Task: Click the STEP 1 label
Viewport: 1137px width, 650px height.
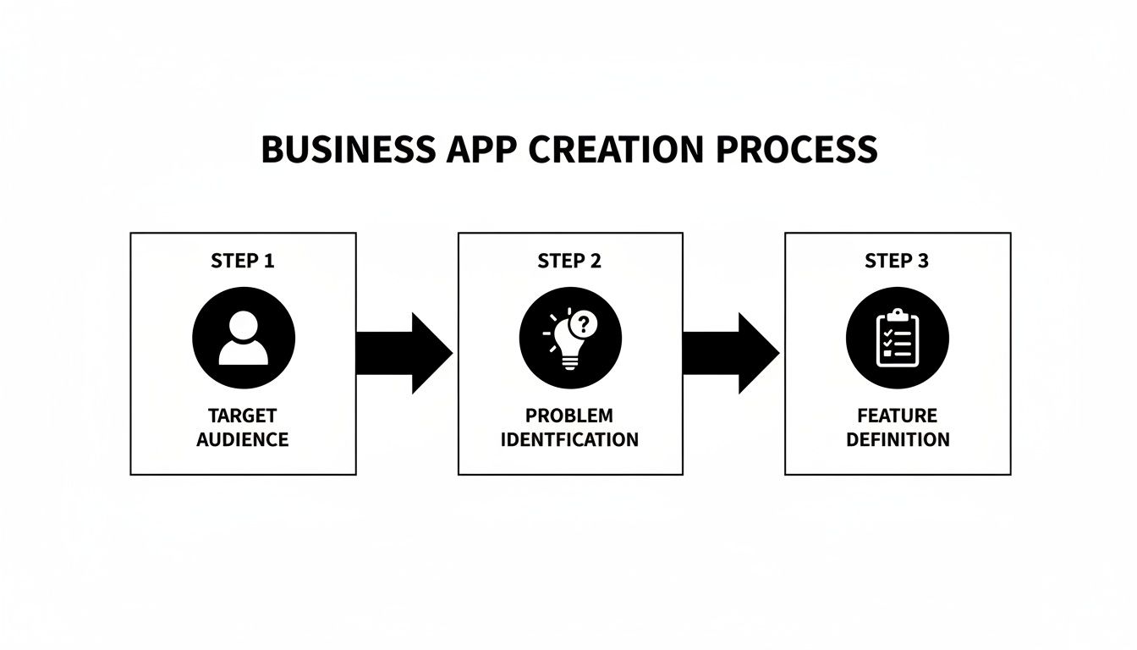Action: click(x=243, y=262)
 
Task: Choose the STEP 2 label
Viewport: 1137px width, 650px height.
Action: click(x=569, y=262)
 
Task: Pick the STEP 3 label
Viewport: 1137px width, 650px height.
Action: click(x=897, y=262)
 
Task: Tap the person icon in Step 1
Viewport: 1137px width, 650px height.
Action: click(x=244, y=339)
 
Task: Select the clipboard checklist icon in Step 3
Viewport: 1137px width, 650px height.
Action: click(x=897, y=339)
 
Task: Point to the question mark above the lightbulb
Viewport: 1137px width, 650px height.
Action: click(x=584, y=323)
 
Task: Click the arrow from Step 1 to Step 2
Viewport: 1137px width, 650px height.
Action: click(x=404, y=353)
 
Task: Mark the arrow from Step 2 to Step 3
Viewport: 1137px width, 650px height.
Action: click(x=731, y=353)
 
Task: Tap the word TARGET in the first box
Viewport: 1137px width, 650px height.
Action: click(x=243, y=416)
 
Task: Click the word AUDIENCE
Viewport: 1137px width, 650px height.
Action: click(x=243, y=440)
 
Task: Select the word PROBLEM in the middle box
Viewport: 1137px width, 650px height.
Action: click(x=569, y=416)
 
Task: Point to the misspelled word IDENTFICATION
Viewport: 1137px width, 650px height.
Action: click(x=569, y=440)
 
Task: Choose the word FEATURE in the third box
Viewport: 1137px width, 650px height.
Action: click(x=897, y=416)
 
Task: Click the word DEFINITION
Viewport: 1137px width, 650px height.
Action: click(x=897, y=440)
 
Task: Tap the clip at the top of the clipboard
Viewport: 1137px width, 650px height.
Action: click(x=897, y=315)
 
